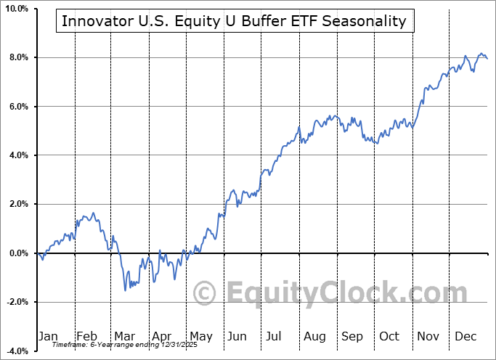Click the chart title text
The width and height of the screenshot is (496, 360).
click(234, 21)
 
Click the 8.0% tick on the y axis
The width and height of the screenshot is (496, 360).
click(17, 57)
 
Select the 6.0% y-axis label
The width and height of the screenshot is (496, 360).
click(17, 107)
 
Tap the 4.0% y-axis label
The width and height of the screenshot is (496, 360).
click(17, 155)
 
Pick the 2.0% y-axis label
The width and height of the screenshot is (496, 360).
click(17, 204)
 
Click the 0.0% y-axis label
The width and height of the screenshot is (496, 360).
click(17, 253)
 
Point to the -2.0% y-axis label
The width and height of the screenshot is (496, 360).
click(16, 302)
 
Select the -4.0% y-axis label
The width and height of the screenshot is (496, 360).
click(16, 351)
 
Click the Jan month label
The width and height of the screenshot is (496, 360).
click(47, 337)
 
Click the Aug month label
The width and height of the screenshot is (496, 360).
click(314, 337)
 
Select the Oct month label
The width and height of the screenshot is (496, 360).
click(390, 337)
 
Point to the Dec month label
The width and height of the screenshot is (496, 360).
click(466, 337)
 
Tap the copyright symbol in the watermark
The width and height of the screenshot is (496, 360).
click(204, 293)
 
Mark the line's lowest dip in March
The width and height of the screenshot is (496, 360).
click(125, 290)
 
